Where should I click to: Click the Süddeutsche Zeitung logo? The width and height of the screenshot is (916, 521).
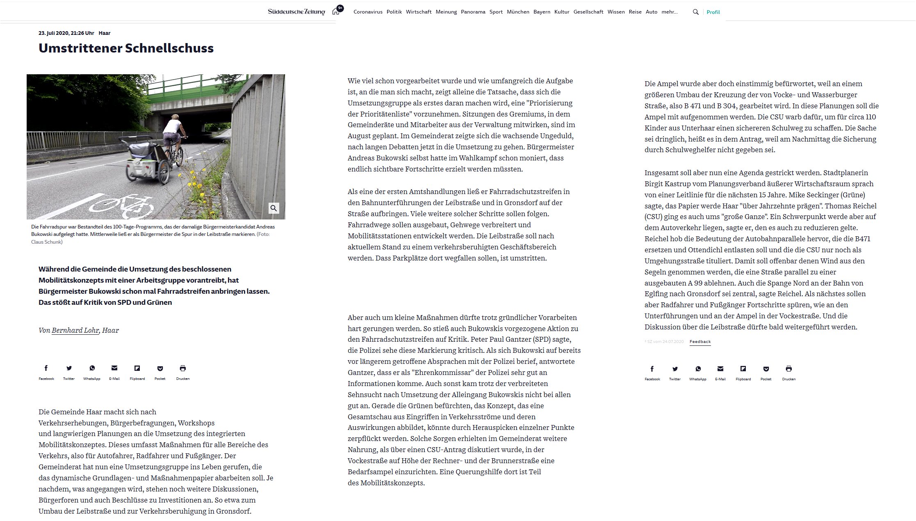coord(296,12)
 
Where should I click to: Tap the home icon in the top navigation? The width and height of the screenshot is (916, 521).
coord(336,11)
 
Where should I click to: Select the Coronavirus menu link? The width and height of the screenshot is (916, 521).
coord(368,12)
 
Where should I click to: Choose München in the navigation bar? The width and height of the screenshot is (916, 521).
coord(518,12)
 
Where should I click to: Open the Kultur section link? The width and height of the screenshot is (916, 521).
coord(562,12)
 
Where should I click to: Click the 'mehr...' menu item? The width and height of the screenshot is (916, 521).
coord(670,12)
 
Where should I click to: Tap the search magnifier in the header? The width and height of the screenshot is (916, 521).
coord(695,12)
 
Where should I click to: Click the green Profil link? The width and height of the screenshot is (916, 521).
coord(713,12)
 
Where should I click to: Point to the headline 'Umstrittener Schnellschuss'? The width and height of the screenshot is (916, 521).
coord(126,48)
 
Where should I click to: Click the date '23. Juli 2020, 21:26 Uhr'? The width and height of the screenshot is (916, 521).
coord(66,33)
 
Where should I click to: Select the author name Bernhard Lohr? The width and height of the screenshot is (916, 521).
coord(75,330)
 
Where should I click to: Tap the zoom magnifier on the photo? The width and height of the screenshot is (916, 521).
coord(273,208)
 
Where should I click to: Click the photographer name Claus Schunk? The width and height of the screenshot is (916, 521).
coord(47,242)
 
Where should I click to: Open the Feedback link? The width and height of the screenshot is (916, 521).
coord(700,342)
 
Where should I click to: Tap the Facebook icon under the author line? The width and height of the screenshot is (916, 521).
coord(46,368)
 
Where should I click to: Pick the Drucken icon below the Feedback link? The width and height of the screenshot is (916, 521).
coord(788,369)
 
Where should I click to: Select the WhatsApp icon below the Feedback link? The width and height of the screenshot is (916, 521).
coord(697,369)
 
